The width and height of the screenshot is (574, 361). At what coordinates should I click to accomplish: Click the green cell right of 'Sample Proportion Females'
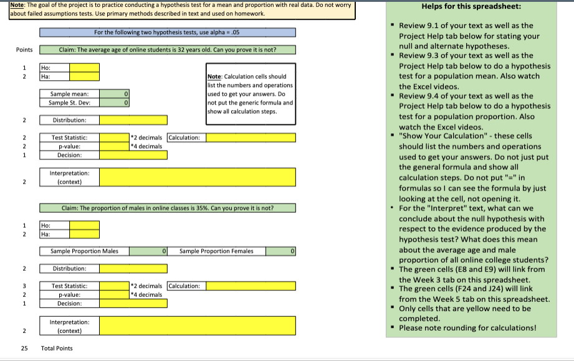tap(280, 251)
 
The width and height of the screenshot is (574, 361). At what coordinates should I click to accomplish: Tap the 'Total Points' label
tap(57, 348)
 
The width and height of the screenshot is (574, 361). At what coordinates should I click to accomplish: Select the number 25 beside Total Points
tap(24, 348)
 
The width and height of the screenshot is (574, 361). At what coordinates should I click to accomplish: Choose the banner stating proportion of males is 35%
tap(167, 208)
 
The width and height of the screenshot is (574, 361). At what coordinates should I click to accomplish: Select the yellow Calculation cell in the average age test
tap(251, 138)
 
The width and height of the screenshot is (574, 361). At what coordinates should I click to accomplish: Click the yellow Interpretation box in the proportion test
tap(197, 326)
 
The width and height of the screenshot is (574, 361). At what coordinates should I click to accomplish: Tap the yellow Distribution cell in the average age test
tap(133, 120)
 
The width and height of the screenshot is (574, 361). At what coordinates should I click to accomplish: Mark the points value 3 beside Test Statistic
tap(24, 286)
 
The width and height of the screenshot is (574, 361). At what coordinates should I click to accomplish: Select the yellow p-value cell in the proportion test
tap(115, 294)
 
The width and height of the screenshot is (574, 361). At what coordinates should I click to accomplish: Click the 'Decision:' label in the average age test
tap(69, 155)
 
